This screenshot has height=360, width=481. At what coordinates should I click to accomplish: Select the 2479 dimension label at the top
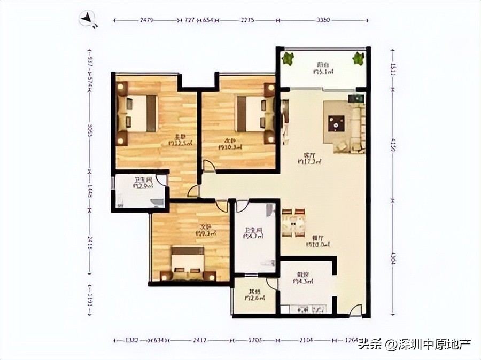tap(148, 20)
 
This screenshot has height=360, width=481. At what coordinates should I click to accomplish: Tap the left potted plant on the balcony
tap(289, 58)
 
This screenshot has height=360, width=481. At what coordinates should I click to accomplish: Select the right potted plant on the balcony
tap(358, 58)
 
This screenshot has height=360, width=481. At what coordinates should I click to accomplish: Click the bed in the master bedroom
tap(138, 113)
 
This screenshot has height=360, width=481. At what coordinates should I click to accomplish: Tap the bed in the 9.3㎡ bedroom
tap(188, 264)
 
